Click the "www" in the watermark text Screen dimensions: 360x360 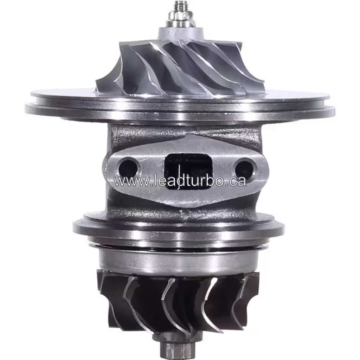[127, 181]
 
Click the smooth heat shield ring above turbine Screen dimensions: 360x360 [179, 258]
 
